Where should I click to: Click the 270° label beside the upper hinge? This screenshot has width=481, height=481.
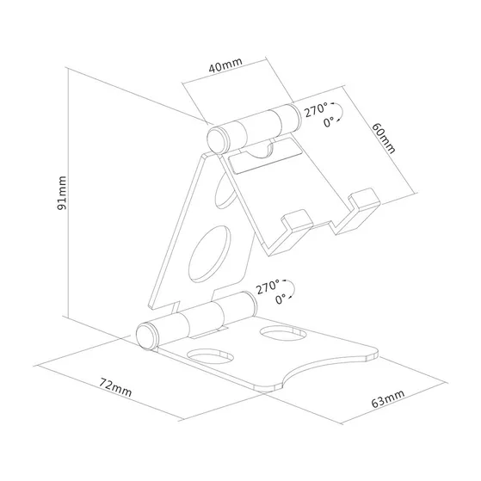pyautogui.click(x=316, y=109)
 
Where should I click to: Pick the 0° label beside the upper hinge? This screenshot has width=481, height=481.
pyautogui.click(x=328, y=124)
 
